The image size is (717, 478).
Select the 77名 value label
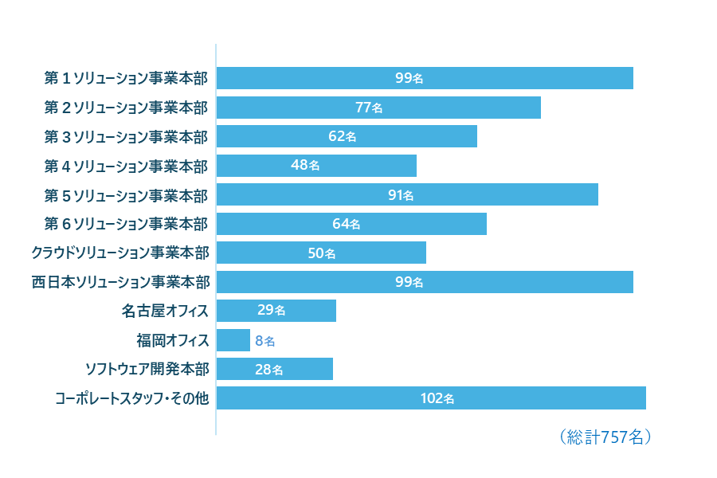[369, 108]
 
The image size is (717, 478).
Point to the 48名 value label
[305, 166]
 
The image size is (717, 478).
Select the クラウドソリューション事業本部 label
[120, 253]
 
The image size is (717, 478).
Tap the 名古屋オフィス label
[166, 311]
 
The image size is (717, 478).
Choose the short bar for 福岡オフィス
[233, 340]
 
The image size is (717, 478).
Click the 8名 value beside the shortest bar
[265, 341]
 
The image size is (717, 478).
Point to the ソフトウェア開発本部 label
[147, 370]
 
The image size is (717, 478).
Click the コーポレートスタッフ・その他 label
[132, 398]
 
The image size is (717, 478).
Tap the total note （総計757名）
[605, 437]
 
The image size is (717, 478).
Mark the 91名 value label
[401, 195]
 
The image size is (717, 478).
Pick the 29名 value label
[272, 311]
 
